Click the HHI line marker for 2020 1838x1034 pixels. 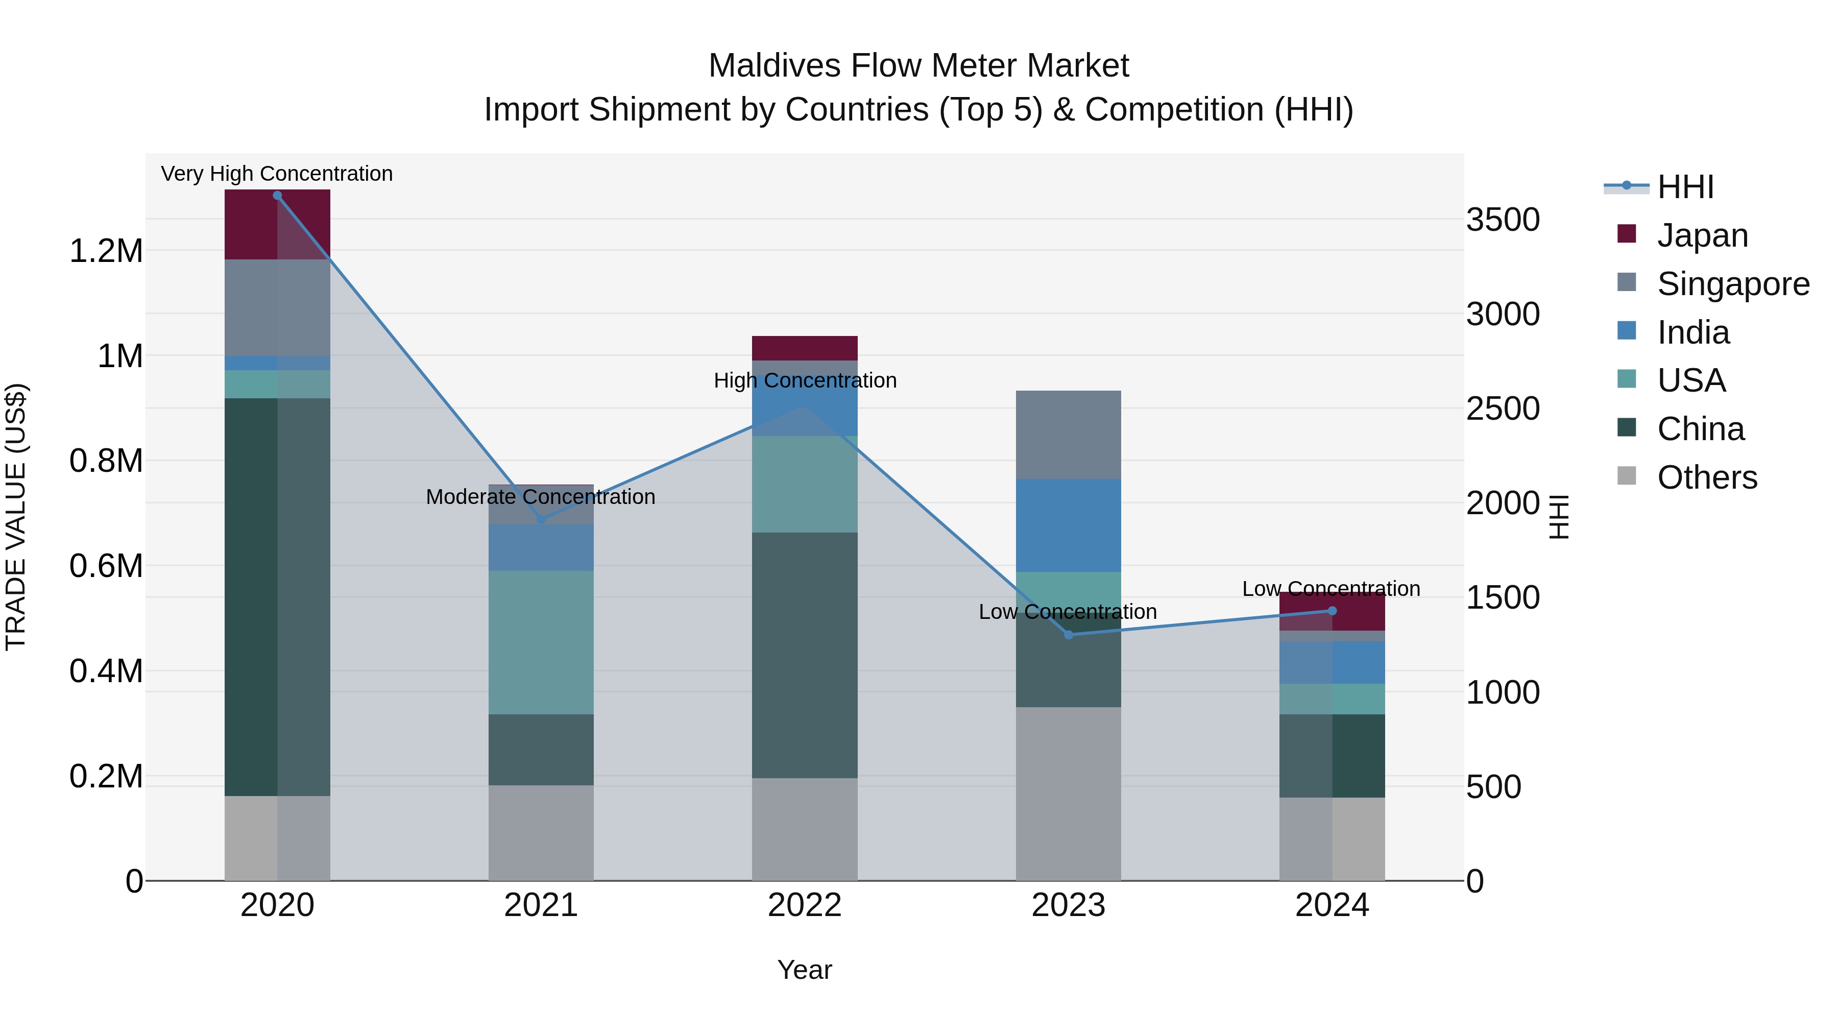(x=278, y=196)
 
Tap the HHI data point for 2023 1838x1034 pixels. (x=1068, y=634)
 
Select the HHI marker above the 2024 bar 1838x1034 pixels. (x=1332, y=611)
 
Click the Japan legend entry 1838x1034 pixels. (x=1702, y=235)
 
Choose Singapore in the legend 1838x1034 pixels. (x=1732, y=284)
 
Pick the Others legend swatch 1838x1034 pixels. (x=1626, y=476)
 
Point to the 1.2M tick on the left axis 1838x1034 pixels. (x=106, y=251)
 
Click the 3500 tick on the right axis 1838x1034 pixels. (x=1503, y=220)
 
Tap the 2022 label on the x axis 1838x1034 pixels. (x=804, y=905)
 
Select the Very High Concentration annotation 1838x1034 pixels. (x=277, y=174)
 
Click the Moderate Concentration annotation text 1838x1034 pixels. (x=540, y=497)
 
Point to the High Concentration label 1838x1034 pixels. (x=805, y=381)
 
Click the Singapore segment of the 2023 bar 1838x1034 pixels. (x=1068, y=435)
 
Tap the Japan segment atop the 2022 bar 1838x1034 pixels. (x=804, y=348)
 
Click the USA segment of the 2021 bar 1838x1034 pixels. (x=540, y=642)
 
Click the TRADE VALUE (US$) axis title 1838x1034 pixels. (x=16, y=517)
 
